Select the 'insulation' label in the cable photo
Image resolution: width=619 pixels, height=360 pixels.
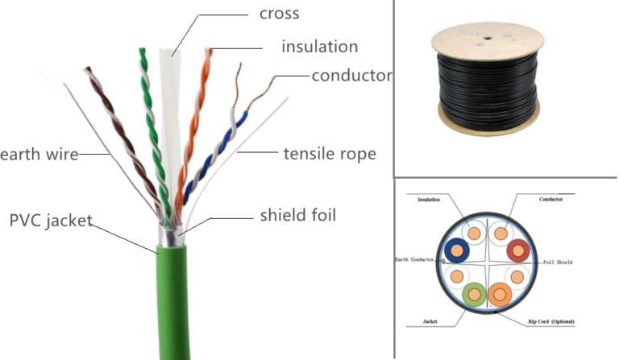(x=319, y=48)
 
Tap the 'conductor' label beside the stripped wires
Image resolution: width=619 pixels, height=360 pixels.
(x=351, y=76)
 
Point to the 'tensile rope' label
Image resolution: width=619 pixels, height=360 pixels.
(x=330, y=153)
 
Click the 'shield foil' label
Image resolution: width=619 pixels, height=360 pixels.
(x=298, y=215)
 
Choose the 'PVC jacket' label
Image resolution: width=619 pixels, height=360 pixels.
(x=51, y=220)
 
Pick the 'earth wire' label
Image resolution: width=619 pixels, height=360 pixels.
(x=39, y=154)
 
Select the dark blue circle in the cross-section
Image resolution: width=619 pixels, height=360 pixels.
(x=458, y=251)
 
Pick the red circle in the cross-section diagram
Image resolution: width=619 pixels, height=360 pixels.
(x=518, y=251)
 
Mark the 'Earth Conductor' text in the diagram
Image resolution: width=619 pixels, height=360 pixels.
(x=413, y=259)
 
